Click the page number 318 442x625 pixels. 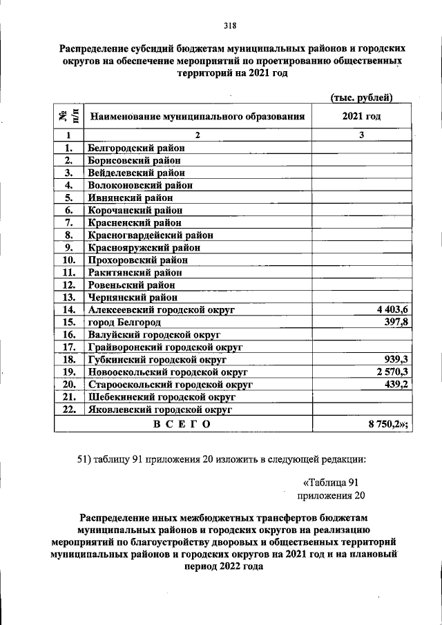(230, 26)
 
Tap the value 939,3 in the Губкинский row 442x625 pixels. (396, 359)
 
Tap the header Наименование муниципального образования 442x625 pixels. (198, 117)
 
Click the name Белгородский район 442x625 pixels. (136, 148)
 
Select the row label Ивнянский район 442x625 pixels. (129, 198)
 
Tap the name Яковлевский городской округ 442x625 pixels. (158, 410)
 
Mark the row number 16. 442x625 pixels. (68, 334)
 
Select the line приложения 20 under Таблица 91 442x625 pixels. (330, 495)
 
